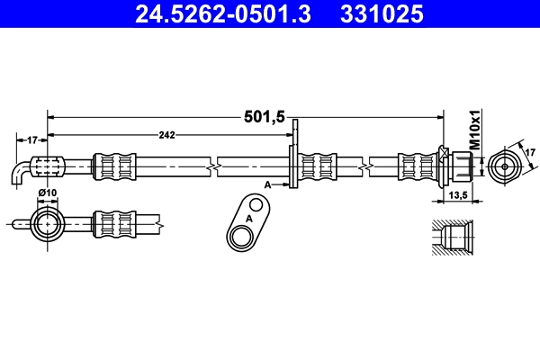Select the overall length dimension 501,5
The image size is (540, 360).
pos(265,116)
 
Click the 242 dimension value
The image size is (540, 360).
pos(166,136)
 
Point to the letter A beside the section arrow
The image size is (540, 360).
pos(267,184)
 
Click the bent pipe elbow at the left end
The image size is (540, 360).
pos(21,172)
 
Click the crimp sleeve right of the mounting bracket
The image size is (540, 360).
pos(318,166)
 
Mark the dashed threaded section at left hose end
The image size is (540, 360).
pos(49,166)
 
